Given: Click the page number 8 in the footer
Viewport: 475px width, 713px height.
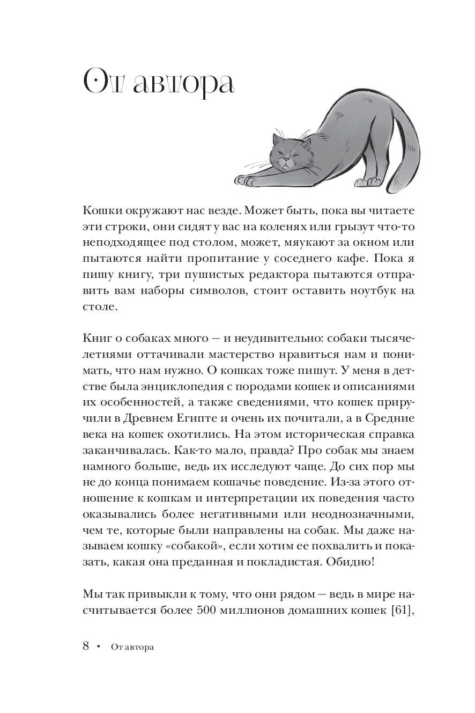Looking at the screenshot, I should click(86, 646).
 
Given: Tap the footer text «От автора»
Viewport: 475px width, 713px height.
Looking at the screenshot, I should click(132, 648).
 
